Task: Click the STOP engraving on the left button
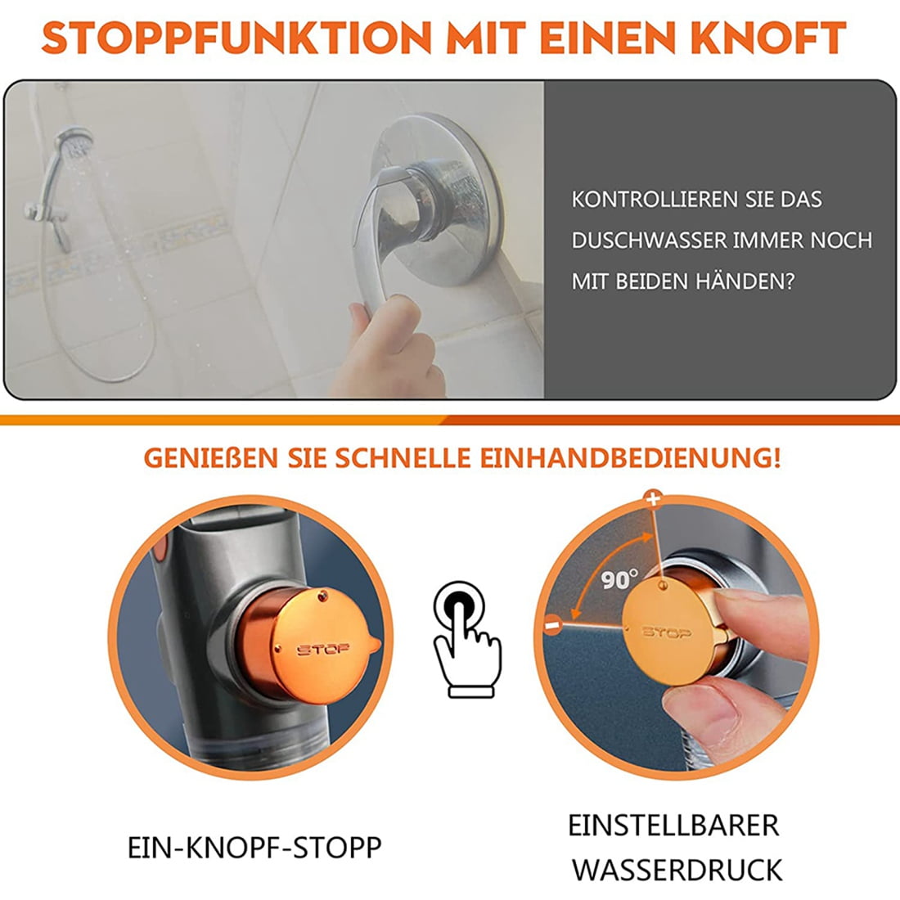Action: click(322, 649)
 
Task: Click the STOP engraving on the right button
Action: click(666, 632)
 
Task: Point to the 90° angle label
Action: click(619, 579)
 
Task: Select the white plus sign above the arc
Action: click(652, 498)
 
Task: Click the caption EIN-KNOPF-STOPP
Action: click(254, 848)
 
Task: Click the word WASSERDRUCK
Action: click(677, 870)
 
